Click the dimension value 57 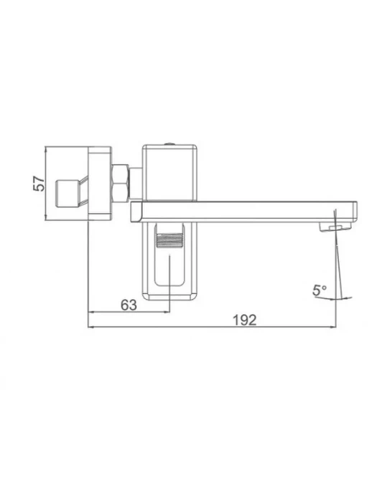tap(39, 184)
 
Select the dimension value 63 tap(129, 305)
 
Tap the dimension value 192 tap(245, 320)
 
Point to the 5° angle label tap(320, 290)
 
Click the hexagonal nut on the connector tap(120, 184)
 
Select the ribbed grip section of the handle tap(169, 241)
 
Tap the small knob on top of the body tap(170, 143)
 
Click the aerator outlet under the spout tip tap(335, 227)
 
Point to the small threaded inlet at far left tap(67, 193)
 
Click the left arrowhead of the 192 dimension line tap(90, 327)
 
